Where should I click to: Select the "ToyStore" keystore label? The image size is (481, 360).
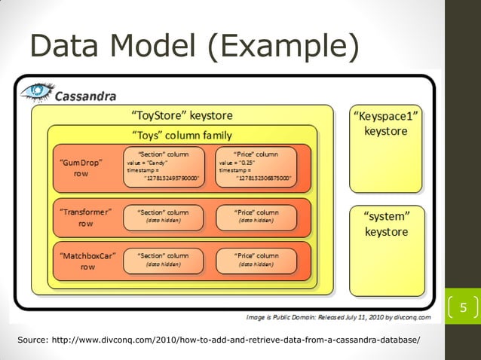coord(182,116)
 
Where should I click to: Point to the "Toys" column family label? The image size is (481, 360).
coord(182,135)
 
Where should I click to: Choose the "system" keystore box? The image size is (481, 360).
coord(386,249)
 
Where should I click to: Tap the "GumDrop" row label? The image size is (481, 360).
coord(81,167)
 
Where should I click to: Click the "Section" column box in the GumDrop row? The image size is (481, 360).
coord(164,166)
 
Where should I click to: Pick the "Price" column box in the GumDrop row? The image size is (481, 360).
coord(256,166)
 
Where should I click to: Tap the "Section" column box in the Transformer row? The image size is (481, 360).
coord(164,217)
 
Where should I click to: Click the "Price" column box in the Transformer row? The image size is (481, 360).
coord(256,217)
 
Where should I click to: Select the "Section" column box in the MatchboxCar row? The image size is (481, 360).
coord(164,260)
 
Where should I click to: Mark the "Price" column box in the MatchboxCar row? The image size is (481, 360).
coord(256,260)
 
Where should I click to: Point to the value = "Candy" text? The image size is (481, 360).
coord(147,163)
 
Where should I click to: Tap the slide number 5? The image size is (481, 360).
coord(464,307)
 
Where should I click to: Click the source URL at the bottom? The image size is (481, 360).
coord(219,340)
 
